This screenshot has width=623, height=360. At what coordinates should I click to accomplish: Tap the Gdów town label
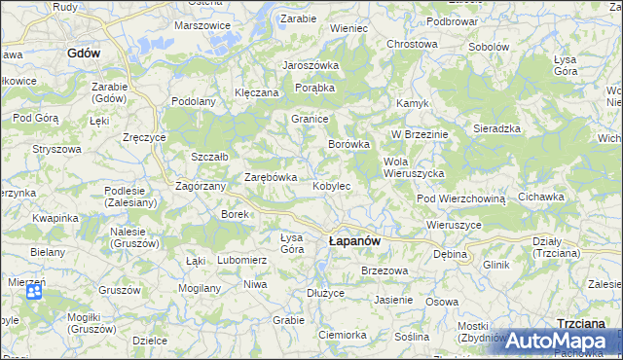85,54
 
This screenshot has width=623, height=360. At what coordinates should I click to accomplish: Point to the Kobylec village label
331,185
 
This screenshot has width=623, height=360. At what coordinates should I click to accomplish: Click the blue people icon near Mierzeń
34,291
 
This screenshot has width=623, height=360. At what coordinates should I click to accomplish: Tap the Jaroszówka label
310,65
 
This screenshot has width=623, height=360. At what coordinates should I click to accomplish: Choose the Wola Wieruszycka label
414,166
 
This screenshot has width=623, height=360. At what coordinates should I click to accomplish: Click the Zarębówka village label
270,177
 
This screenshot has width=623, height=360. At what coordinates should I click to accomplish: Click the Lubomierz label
241,260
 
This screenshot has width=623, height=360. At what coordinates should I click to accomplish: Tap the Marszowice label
202,25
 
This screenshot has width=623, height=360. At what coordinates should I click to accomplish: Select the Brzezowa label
383,270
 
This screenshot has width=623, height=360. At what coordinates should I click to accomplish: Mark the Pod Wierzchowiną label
462,198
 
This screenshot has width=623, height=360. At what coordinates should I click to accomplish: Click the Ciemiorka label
342,335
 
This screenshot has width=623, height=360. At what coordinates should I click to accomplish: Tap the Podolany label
193,101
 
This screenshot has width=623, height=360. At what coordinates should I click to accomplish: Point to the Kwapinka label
54,218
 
